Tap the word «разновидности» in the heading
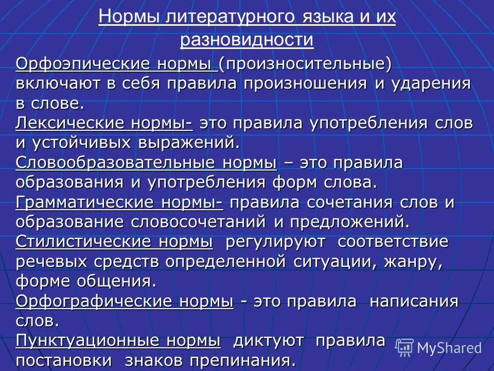click(x=247, y=40)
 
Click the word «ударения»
click(x=430, y=84)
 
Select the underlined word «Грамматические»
click(x=84, y=201)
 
